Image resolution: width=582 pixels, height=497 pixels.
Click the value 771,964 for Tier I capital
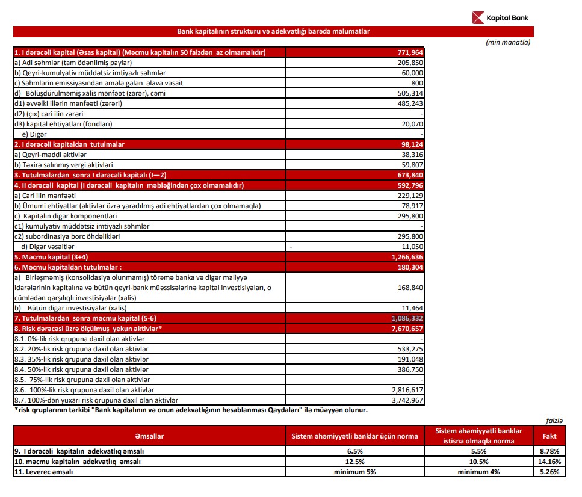click(x=410, y=52)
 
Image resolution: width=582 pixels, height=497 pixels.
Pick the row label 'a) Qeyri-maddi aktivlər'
click(x=48, y=155)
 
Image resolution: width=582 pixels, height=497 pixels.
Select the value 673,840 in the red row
click(x=410, y=175)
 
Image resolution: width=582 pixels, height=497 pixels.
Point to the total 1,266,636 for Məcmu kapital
click(x=407, y=257)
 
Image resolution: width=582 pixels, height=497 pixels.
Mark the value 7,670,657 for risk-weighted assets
click(x=407, y=329)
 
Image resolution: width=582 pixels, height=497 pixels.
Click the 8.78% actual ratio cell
click(x=549, y=451)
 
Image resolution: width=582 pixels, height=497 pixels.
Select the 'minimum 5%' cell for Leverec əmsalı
click(x=354, y=472)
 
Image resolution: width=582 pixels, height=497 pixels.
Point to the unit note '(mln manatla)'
click(x=509, y=42)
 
